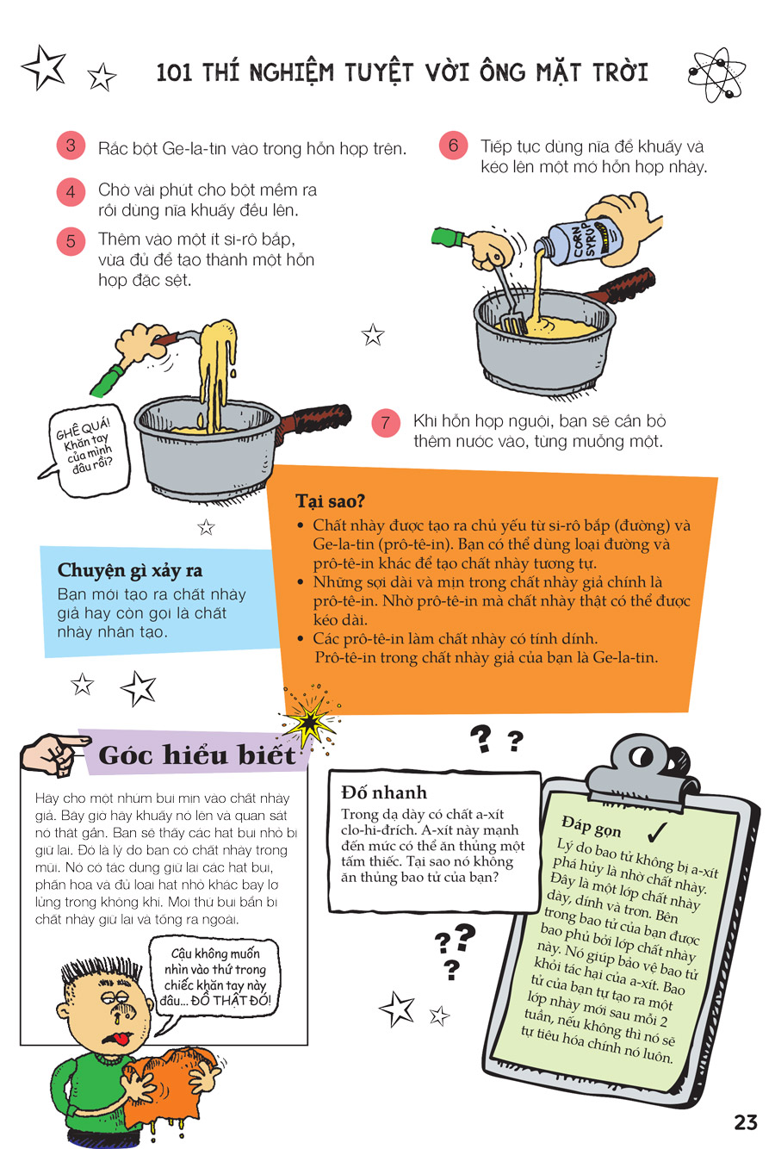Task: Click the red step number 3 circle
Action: (71, 146)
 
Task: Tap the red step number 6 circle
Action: (454, 146)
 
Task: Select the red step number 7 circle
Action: (386, 423)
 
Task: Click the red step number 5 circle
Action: (71, 240)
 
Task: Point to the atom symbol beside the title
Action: (716, 75)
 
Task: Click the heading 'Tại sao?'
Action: (330, 500)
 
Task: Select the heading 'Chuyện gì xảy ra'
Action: (130, 570)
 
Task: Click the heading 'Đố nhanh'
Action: (384, 792)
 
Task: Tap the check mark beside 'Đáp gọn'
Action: (657, 832)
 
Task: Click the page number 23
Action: (746, 1122)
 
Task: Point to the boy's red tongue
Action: (119, 1038)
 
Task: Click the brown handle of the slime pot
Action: (318, 418)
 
